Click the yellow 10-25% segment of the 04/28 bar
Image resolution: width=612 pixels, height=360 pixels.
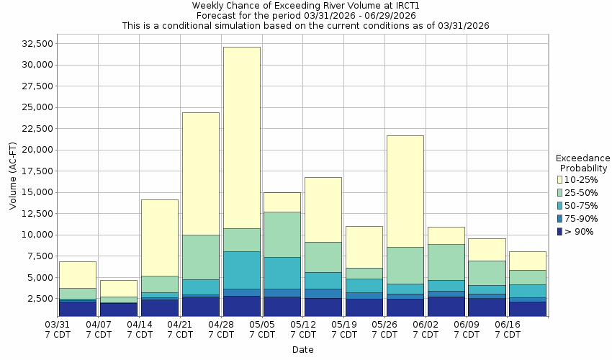(241, 138)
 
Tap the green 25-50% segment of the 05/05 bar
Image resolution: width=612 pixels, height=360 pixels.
(282, 234)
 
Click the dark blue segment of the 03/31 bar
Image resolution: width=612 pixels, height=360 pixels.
(78, 308)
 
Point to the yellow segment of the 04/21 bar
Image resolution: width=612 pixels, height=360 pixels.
(200, 174)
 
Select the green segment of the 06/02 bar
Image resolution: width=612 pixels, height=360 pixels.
(446, 262)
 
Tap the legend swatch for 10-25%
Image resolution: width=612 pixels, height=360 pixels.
(559, 180)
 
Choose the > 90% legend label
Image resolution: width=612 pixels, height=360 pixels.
(580, 232)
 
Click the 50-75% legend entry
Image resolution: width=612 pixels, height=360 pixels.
(580, 206)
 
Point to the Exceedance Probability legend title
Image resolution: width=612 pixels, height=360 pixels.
(583, 163)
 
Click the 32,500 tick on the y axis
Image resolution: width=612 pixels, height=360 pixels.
(37, 43)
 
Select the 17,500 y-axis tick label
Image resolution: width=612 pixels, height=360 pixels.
(37, 171)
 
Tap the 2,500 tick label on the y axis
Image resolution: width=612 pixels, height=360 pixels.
(40, 298)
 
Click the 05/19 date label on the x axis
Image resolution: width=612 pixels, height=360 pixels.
(344, 330)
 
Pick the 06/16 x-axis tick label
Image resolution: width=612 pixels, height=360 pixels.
(508, 330)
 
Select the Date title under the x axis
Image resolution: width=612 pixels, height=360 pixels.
(302, 349)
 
